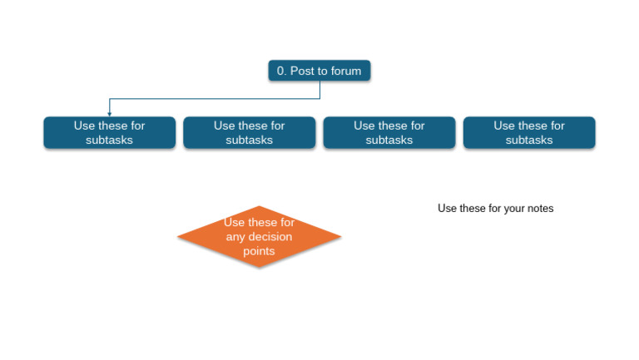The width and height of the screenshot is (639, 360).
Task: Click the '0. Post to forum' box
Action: coord(319,71)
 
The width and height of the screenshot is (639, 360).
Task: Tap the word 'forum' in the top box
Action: coord(345,72)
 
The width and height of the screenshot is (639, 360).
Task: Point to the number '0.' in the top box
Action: coord(281,72)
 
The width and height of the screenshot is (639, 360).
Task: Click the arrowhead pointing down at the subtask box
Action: coord(110,113)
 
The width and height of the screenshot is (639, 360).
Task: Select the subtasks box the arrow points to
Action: coord(109,133)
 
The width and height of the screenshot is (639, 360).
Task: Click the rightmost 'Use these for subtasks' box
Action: coord(528,133)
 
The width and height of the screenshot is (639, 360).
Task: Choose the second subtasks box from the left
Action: coord(249,133)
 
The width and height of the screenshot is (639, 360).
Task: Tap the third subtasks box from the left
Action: coord(389,133)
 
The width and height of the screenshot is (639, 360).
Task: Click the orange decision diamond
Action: coord(259,237)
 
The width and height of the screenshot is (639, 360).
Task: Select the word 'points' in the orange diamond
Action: coord(259,251)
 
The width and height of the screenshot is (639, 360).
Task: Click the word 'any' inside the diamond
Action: coord(235,237)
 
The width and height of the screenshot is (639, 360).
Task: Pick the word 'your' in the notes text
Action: coord(513,209)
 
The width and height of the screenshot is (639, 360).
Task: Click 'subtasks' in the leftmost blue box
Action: coord(109,141)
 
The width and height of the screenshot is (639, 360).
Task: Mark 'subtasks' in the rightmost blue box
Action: coord(528,141)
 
